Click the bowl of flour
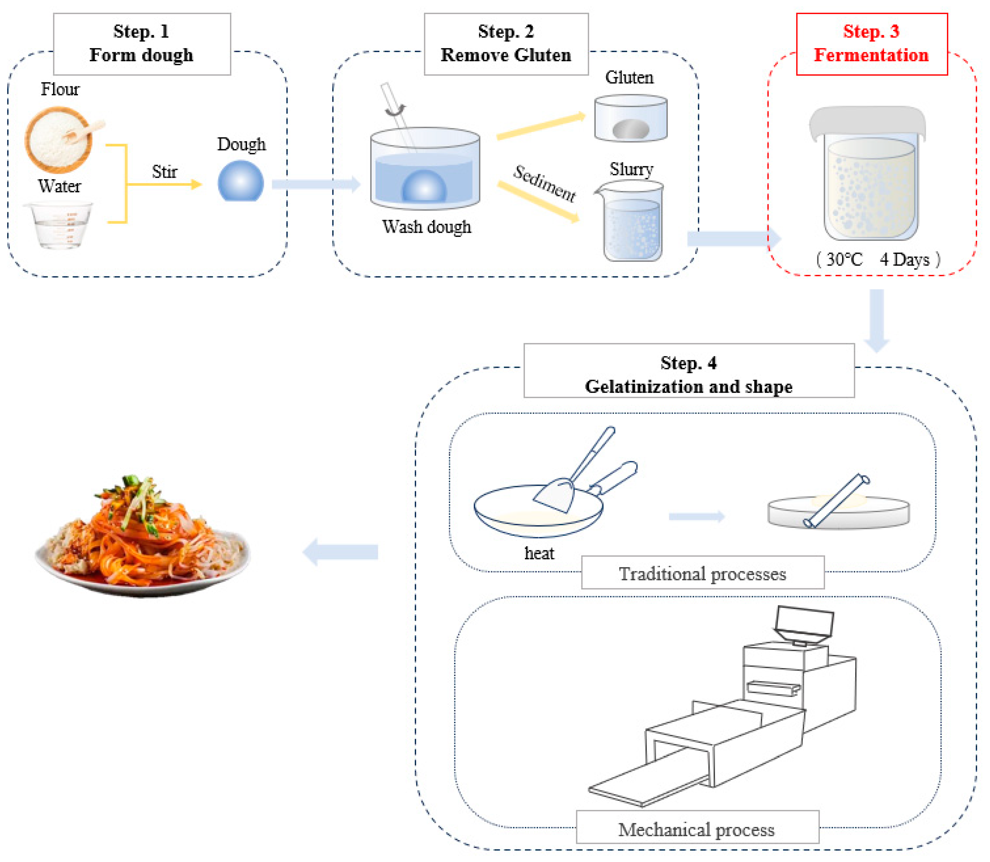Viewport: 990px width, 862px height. click(59, 140)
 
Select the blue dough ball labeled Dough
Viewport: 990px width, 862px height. click(240, 182)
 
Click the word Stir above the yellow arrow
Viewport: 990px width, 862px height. click(164, 172)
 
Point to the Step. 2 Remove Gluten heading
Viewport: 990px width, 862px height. click(506, 44)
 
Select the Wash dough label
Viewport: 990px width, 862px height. click(427, 226)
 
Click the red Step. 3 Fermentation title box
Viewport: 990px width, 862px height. click(871, 44)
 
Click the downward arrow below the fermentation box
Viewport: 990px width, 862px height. click(876, 320)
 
